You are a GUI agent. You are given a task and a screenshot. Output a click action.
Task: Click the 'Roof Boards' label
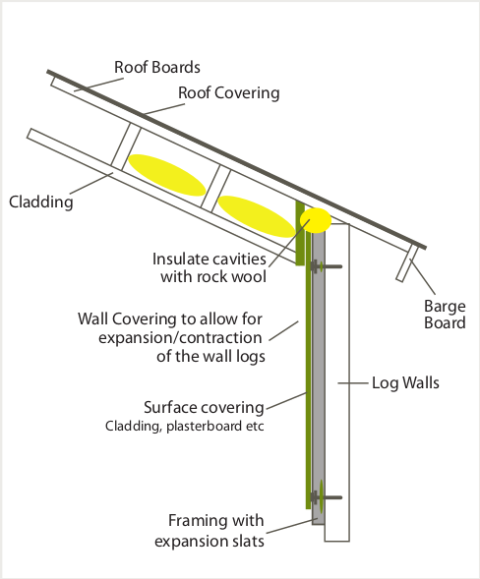[157, 67]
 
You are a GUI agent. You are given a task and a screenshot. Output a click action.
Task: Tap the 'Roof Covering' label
[229, 92]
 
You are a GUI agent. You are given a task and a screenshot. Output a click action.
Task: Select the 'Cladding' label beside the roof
[41, 202]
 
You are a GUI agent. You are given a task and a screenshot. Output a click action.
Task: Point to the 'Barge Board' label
[445, 315]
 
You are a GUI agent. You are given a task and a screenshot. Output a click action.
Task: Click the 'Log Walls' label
[405, 383]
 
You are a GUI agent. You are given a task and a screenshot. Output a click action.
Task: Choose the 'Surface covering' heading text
[204, 407]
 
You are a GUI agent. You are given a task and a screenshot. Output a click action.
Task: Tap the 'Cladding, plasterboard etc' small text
[184, 426]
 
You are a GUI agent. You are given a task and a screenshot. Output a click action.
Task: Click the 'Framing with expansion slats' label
[210, 531]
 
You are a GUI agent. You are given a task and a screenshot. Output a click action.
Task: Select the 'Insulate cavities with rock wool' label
[210, 267]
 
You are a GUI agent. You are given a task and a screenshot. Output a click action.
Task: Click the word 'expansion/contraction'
[180, 337]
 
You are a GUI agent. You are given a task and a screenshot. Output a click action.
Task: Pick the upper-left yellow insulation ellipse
[166, 175]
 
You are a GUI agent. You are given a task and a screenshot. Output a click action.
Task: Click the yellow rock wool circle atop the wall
[316, 220]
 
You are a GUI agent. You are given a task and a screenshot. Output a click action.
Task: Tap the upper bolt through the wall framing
[326, 266]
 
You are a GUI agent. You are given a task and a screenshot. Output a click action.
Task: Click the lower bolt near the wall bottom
[326, 497]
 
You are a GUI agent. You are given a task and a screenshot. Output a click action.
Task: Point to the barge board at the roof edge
[407, 263]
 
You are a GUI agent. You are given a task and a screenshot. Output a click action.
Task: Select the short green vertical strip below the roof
[300, 233]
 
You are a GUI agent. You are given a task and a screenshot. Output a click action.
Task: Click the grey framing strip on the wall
[319, 376]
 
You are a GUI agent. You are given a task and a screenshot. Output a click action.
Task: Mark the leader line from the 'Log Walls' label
[353, 383]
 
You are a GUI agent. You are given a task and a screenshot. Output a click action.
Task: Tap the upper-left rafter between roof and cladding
[126, 146]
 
